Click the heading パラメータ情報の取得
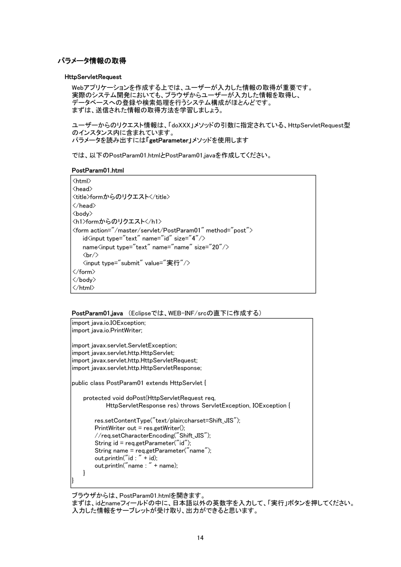point(92,61)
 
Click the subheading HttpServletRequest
point(93,77)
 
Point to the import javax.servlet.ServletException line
point(124,345)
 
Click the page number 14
point(200,537)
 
